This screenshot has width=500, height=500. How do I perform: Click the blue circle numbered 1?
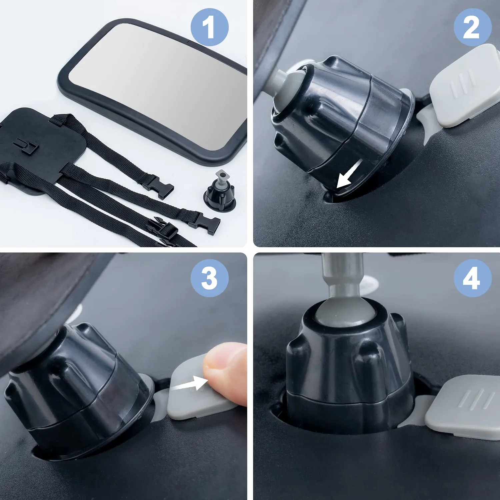(x=210, y=27)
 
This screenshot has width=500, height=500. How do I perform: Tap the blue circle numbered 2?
(x=472, y=27)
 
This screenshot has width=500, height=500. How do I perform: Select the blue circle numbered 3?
(x=210, y=278)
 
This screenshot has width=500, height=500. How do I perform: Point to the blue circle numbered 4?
(x=472, y=278)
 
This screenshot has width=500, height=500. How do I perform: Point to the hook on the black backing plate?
(x=27, y=146)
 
